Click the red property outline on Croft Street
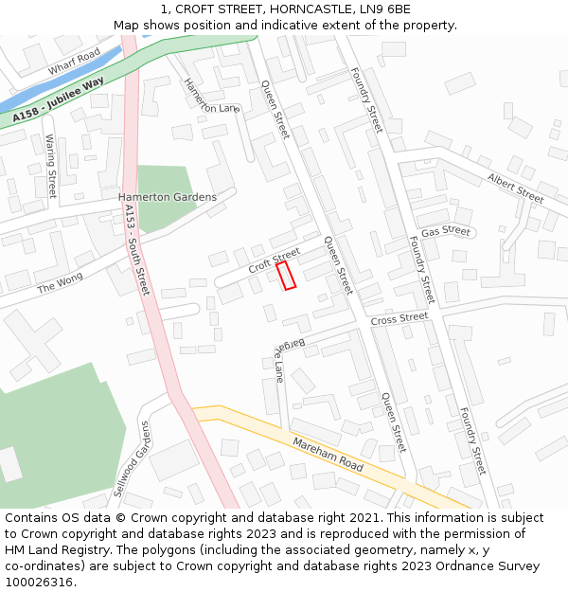[x=286, y=275]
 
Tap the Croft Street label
[x=274, y=261]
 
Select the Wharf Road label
[x=74, y=63]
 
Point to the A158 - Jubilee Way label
[x=59, y=103]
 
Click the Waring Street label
[x=51, y=166]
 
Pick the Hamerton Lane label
[x=211, y=96]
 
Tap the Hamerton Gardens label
[x=167, y=197]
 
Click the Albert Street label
[x=515, y=187]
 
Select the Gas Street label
[x=446, y=231]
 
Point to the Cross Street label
[x=399, y=318]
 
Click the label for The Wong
[x=60, y=282]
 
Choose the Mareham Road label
[x=328, y=455]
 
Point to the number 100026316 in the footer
[x=40, y=582]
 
